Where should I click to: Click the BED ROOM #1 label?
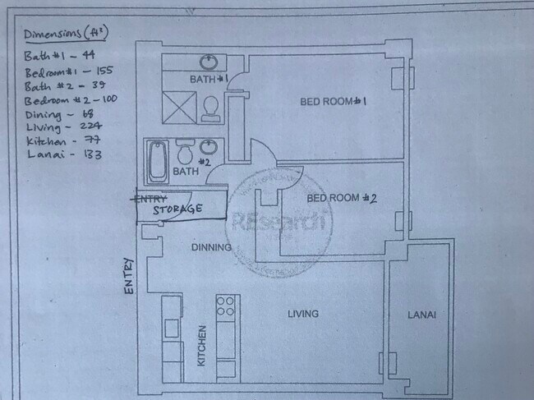point(331,101)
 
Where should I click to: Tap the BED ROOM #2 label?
point(341,199)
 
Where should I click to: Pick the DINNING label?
point(210,246)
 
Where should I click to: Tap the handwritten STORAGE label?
point(177,209)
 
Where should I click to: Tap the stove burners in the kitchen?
point(225,306)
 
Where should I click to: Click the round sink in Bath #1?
point(208,62)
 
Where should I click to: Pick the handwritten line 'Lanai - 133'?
point(57,154)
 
